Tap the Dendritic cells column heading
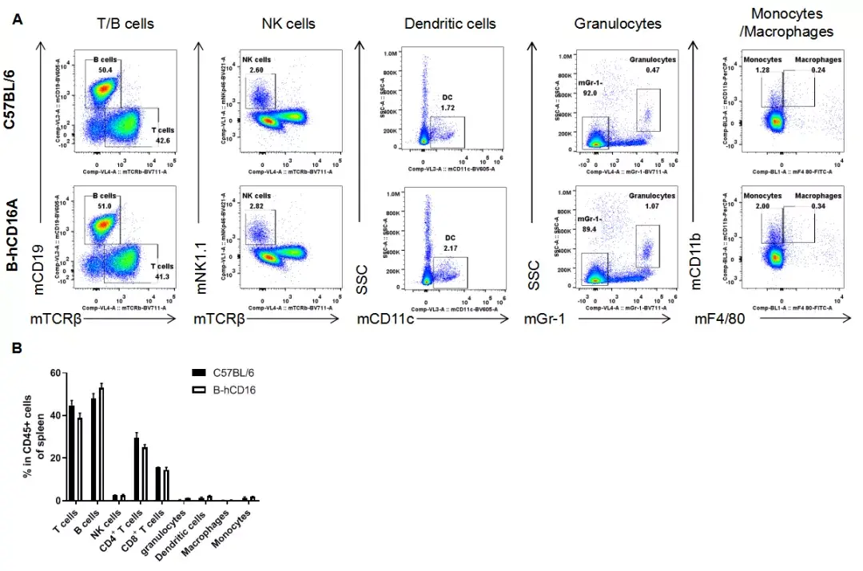(x=450, y=24)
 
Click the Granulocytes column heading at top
(x=617, y=24)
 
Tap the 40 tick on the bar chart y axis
(x=54, y=415)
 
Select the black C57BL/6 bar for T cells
(x=72, y=453)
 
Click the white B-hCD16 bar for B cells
(x=101, y=444)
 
